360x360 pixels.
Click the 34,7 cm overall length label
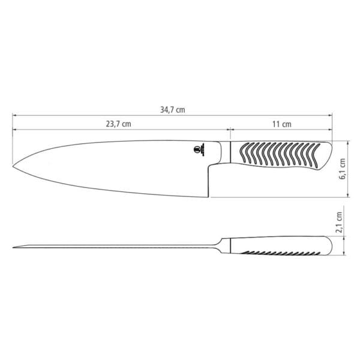click(172, 109)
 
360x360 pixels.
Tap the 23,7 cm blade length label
click(119, 124)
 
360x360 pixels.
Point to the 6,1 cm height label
click(343, 169)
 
